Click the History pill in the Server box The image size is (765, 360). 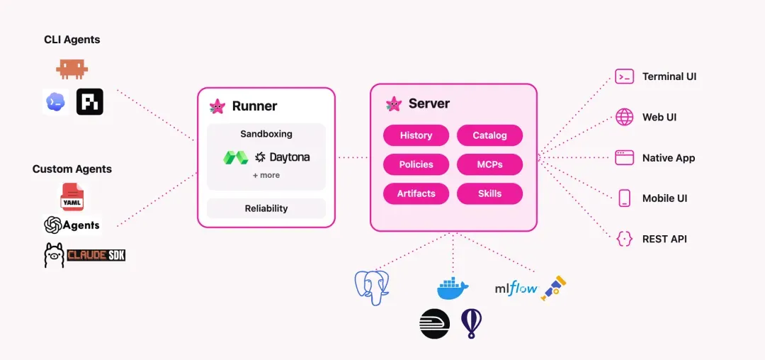click(416, 135)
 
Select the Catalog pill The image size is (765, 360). click(490, 135)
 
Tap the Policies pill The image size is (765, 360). click(416, 164)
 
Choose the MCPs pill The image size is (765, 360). click(490, 164)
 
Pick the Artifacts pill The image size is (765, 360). click(416, 193)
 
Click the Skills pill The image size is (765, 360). click(490, 193)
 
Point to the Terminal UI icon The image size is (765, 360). click(625, 77)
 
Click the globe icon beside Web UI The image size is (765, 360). click(625, 117)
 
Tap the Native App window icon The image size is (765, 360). click(625, 157)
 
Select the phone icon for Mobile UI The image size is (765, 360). click(625, 198)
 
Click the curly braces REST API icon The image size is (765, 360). click(625, 239)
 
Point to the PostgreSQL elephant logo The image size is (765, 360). click(372, 287)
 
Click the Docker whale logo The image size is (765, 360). click(453, 288)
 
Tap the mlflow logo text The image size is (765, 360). click(516, 288)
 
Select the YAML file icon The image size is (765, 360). click(72, 197)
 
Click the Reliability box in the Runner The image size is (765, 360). click(266, 208)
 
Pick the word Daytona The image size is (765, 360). click(289, 157)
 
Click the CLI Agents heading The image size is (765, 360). click(72, 40)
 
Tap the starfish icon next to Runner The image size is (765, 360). click(217, 106)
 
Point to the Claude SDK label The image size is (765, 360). click(96, 255)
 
